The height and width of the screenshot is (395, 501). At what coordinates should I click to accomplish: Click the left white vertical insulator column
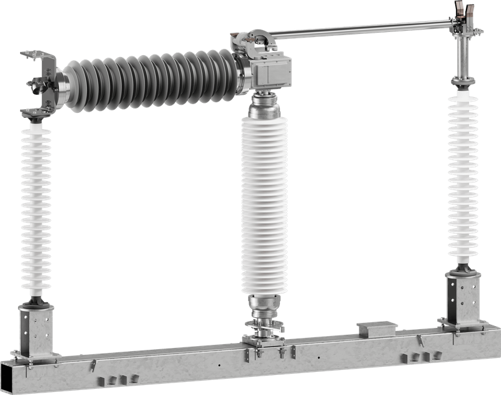click(38, 207)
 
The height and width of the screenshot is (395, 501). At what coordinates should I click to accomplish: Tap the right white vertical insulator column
click(464, 176)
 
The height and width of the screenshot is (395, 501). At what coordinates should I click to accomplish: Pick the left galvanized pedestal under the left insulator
click(37, 329)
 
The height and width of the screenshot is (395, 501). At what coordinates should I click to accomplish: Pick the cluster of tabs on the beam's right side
click(418, 357)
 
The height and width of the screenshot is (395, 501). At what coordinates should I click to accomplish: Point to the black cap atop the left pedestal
click(38, 302)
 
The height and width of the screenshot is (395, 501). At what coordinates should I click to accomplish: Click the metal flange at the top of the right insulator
click(464, 87)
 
